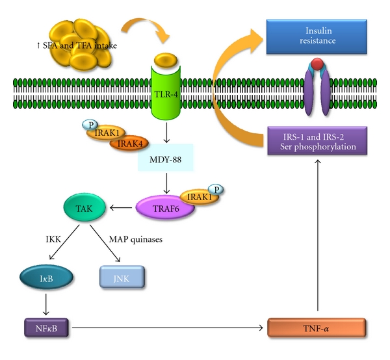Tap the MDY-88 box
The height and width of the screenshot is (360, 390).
(166, 159)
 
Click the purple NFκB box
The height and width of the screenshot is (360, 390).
(43, 327)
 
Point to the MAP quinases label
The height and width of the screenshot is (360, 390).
(137, 240)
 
